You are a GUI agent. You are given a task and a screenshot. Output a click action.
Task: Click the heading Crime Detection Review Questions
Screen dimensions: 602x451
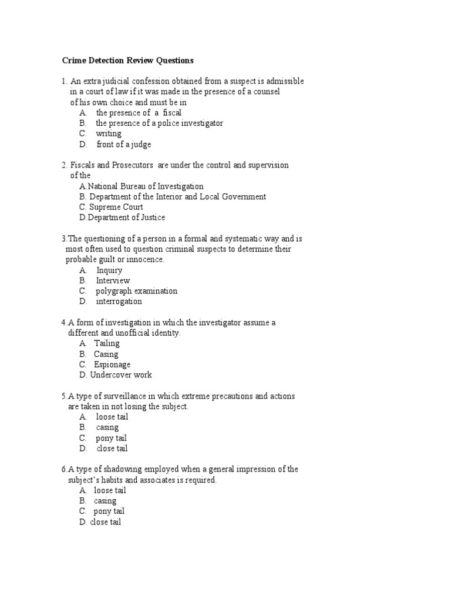point(128,61)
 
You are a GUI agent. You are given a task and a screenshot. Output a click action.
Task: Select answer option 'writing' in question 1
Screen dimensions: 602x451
point(109,133)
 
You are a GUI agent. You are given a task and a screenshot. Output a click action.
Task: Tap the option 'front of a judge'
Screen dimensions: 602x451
point(123,144)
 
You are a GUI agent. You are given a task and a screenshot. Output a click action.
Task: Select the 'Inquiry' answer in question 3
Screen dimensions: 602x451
point(109,270)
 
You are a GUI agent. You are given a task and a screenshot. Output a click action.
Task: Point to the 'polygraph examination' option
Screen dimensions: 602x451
point(136,291)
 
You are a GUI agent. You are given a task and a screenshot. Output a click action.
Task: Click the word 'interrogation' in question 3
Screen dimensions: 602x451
point(119,302)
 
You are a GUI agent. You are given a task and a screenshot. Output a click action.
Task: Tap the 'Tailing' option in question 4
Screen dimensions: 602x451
point(106,343)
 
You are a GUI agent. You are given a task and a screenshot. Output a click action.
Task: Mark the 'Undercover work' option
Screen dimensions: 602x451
point(120,375)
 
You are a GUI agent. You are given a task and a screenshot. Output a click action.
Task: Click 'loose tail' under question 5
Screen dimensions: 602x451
point(112,417)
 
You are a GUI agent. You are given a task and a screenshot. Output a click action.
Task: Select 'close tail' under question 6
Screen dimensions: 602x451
point(105,522)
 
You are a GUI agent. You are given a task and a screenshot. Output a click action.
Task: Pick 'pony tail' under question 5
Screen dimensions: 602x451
point(111,438)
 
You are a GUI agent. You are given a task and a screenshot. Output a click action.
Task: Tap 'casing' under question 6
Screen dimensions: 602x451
point(105,501)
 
